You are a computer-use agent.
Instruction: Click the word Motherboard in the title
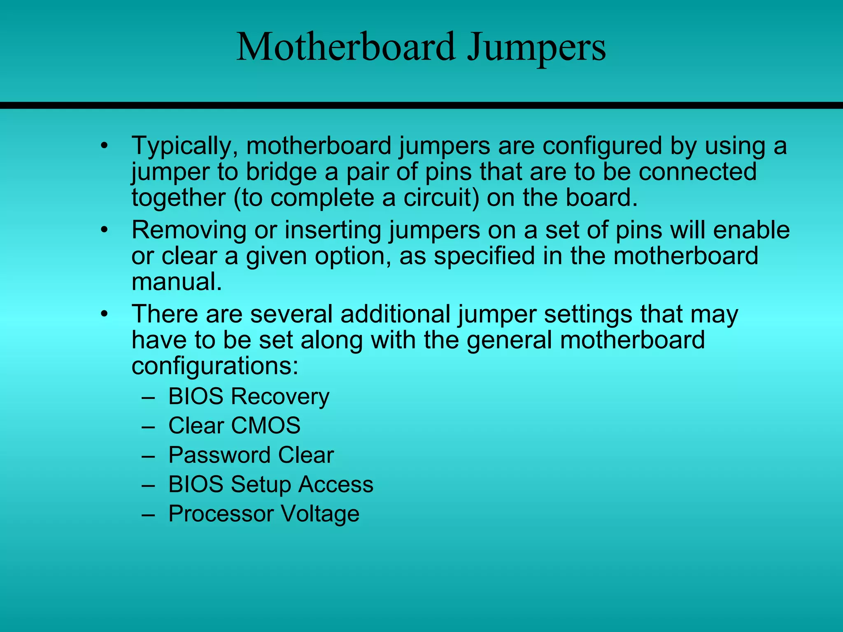pyautogui.click(x=346, y=47)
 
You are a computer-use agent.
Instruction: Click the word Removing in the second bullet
pyautogui.click(x=189, y=230)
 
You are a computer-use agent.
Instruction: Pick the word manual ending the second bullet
pyautogui.click(x=177, y=282)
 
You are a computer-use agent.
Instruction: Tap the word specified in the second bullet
pyautogui.click(x=484, y=256)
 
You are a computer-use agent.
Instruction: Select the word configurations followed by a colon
pyautogui.click(x=214, y=366)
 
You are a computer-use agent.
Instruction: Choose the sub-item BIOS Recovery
pyautogui.click(x=249, y=397)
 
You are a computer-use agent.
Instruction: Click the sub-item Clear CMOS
pyautogui.click(x=234, y=426)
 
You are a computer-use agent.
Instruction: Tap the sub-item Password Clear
pyautogui.click(x=251, y=455)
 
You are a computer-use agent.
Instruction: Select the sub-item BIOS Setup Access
pyautogui.click(x=270, y=484)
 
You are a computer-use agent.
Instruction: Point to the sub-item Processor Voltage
pyautogui.click(x=263, y=514)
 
